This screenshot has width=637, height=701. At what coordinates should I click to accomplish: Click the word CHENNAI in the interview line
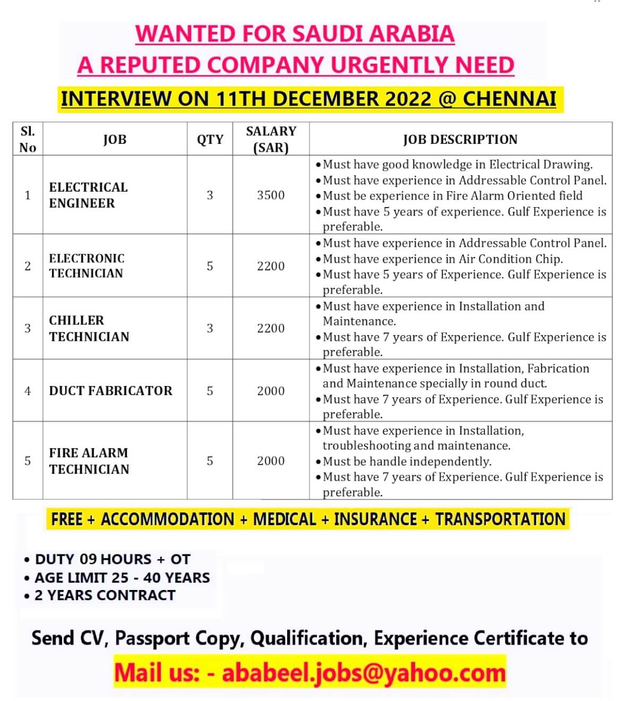point(509,99)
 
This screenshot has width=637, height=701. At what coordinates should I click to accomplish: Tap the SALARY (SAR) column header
point(271,139)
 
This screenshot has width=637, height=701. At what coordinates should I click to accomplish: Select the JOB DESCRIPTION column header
point(460,139)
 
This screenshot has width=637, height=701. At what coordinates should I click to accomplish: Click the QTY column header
point(210,139)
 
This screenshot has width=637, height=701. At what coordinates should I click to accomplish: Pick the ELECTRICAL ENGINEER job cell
point(88,195)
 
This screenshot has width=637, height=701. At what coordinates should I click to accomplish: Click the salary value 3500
point(271,195)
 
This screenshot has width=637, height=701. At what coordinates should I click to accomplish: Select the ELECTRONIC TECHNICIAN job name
point(87,266)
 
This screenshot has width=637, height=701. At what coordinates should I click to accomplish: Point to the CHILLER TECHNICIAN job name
point(89,328)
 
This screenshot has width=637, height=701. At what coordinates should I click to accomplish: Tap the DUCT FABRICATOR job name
point(110,391)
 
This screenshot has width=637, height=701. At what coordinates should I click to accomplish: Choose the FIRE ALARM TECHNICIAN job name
point(89,460)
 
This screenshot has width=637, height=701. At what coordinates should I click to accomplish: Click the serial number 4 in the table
point(28,391)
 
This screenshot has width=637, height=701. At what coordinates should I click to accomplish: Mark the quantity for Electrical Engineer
point(210,195)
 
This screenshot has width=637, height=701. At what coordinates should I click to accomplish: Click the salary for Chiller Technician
point(271,328)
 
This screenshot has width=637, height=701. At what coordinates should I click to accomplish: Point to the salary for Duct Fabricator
point(271,391)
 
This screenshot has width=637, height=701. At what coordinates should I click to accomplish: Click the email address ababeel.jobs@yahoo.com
point(364,672)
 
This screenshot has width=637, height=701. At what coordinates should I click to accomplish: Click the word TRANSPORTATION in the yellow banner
point(500,519)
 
